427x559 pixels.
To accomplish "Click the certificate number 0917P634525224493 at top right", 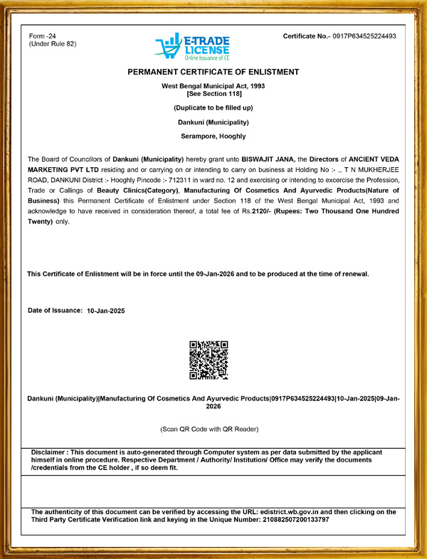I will pos(364,36).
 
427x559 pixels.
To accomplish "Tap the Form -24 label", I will pos(43,36).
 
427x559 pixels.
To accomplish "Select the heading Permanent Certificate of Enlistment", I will pos(213,72).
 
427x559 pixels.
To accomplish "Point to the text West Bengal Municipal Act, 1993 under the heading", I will pos(213,86).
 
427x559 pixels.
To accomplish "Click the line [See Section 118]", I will pos(213,94).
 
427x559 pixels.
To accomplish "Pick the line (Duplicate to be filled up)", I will pos(213,107).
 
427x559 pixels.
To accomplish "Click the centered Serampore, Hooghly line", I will pos(213,135).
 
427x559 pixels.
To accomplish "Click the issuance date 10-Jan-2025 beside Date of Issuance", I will pos(105,312).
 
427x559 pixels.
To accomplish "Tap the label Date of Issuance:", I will pos(55,311).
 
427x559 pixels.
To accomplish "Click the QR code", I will pos(209,360).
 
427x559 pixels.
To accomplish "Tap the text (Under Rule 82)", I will pos(52,44).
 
